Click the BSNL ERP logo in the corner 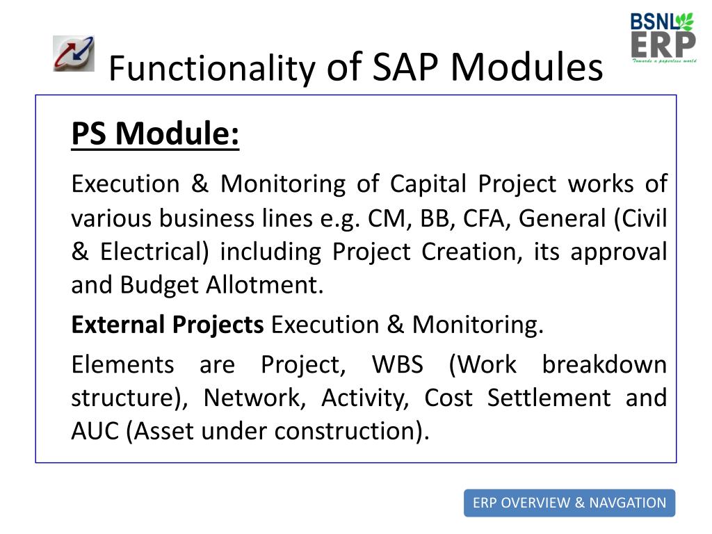point(663,38)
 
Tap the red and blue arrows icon point(74,54)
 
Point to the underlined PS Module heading point(155,133)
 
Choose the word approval point(618,252)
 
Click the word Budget point(159,286)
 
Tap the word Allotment point(265,285)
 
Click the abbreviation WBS point(398,364)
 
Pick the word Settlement point(549,398)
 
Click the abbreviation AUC point(95,431)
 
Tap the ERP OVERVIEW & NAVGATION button point(569,503)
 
